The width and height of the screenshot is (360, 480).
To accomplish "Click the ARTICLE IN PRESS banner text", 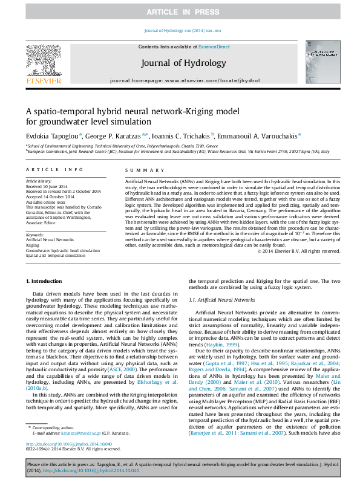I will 180,12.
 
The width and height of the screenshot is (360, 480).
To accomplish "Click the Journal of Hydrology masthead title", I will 184,62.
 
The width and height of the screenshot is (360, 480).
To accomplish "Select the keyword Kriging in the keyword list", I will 33,245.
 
